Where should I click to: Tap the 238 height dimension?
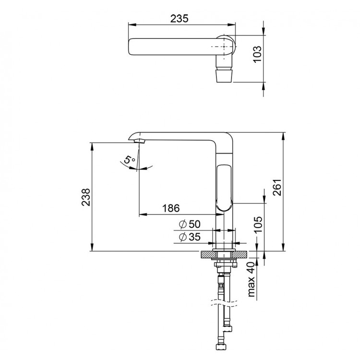click(x=86, y=197)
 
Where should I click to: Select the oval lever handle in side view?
click(x=224, y=187)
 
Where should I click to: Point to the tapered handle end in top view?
click(x=225, y=75)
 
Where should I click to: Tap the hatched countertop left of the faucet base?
click(x=207, y=254)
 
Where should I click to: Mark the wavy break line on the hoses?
click(x=224, y=303)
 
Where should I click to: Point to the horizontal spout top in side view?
click(x=178, y=136)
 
